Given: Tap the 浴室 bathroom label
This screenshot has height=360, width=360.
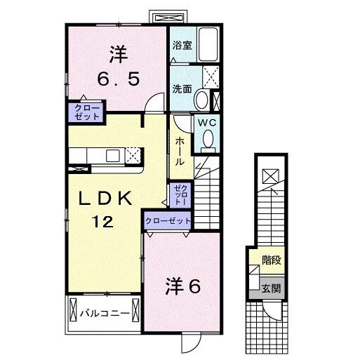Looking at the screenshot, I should click(182, 44).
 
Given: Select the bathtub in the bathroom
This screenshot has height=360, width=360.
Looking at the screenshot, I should click(208, 43).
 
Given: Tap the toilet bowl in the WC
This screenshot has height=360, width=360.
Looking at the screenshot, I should click(207, 142).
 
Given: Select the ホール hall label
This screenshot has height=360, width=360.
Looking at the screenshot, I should click(180, 152).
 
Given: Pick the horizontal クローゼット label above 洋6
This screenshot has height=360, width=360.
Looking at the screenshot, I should click(168, 220).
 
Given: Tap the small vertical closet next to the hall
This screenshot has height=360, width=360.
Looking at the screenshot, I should click(179, 193).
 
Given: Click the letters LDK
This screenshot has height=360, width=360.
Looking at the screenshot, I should click(105, 199).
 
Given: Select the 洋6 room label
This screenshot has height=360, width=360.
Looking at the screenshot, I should click(183, 286).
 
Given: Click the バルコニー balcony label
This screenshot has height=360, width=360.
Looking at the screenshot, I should click(104, 313).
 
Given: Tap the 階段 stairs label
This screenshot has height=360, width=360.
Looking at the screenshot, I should click(271, 260).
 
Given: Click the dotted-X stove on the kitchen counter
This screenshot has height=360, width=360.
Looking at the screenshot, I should click(134, 153).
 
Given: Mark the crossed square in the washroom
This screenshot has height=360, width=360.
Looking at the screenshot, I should click(211, 76).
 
